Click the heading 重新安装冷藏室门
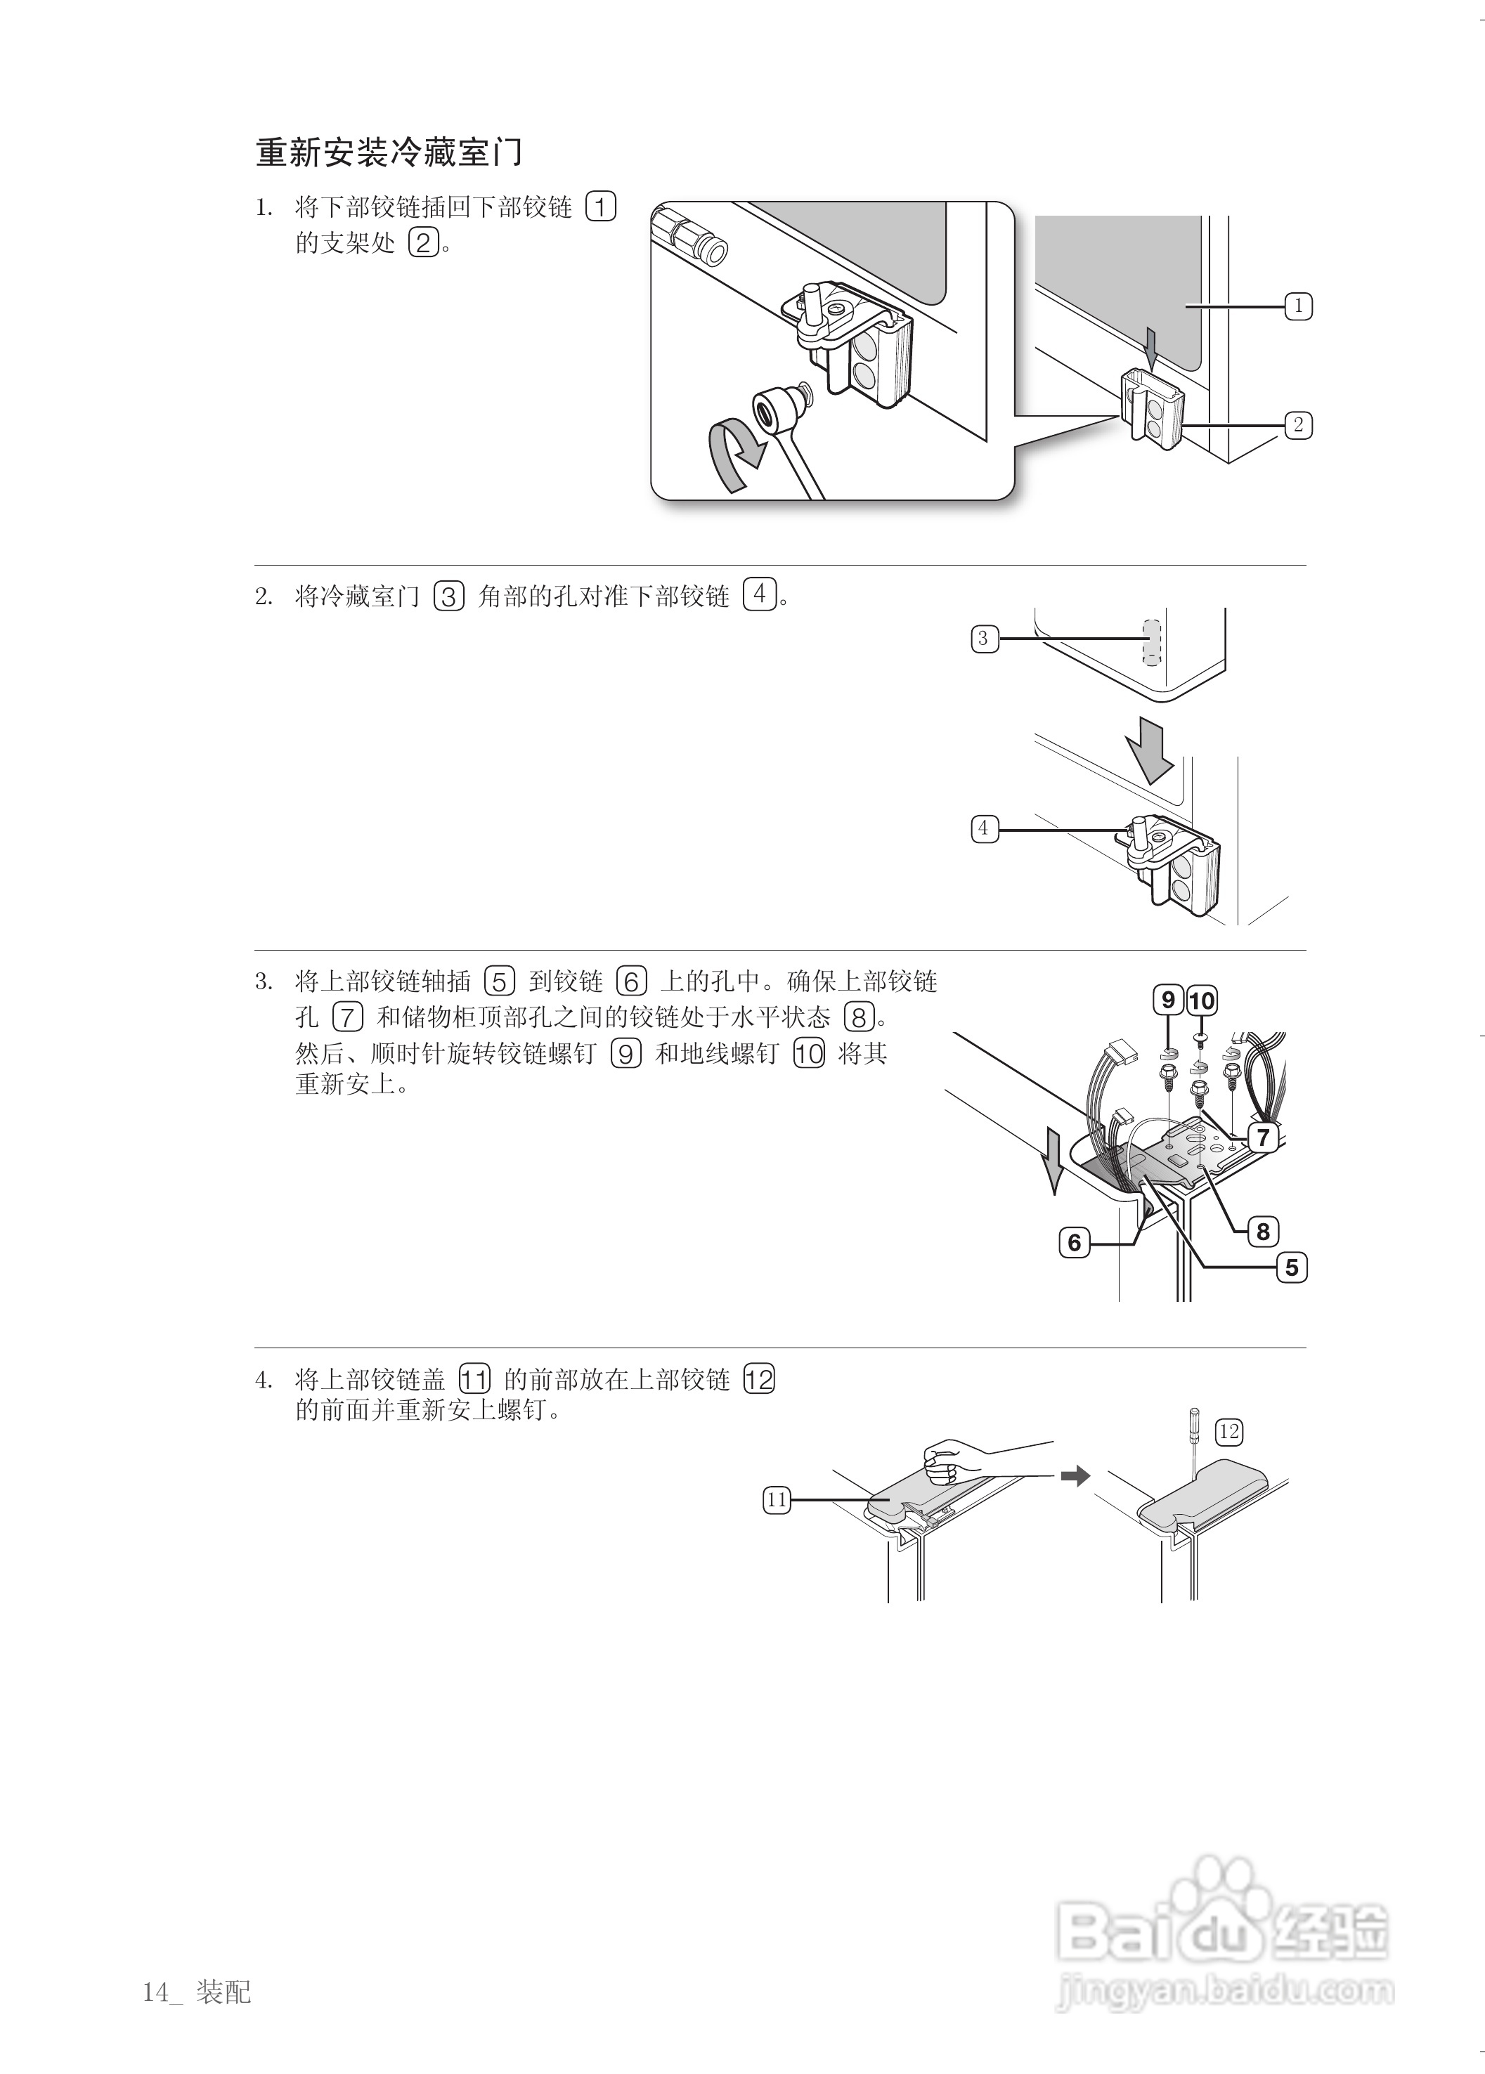(x=389, y=152)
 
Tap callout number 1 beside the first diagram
(x=1297, y=306)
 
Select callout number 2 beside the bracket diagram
(x=1297, y=425)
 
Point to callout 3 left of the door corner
(x=984, y=638)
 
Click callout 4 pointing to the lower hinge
(x=984, y=829)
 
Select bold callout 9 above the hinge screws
(x=1168, y=1000)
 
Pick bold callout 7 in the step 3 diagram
(x=1263, y=1137)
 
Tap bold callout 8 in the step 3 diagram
(x=1263, y=1231)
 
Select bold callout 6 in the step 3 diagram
(x=1075, y=1242)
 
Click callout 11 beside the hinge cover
(x=777, y=1500)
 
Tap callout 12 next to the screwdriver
(x=1228, y=1431)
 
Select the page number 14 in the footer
(x=155, y=1993)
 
